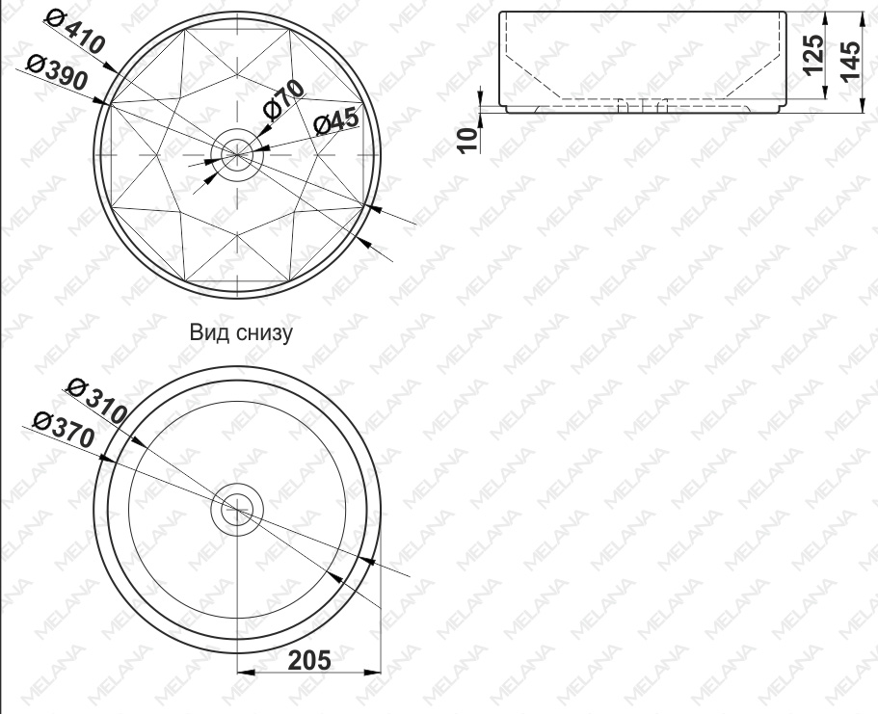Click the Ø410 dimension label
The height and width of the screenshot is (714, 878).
click(75, 30)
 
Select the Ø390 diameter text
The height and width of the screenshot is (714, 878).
click(57, 71)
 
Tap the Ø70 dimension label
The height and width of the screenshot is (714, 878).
click(284, 100)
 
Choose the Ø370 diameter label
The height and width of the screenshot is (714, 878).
click(64, 430)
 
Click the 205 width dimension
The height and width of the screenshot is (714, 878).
click(309, 660)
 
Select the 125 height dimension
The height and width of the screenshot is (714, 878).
click(813, 54)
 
